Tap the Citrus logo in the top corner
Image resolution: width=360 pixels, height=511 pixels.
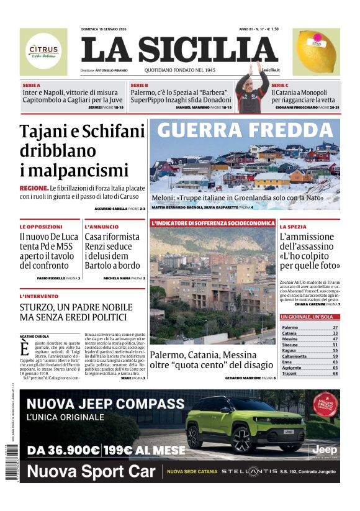(x=43, y=52)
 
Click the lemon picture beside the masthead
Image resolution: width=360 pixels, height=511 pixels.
(x=317, y=51)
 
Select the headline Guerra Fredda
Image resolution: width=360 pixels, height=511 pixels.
(x=245, y=130)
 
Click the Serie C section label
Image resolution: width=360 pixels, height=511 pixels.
(x=280, y=84)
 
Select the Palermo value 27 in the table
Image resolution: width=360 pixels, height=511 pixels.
(x=335, y=327)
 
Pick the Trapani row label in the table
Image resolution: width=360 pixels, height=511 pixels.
(x=290, y=373)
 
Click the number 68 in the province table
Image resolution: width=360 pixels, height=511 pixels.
(x=335, y=373)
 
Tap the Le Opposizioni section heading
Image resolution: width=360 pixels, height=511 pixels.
(x=41, y=227)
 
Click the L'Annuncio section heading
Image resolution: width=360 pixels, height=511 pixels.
(x=101, y=227)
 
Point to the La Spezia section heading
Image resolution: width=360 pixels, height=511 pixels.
(x=293, y=227)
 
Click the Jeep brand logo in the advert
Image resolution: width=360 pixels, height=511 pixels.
(x=324, y=448)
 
